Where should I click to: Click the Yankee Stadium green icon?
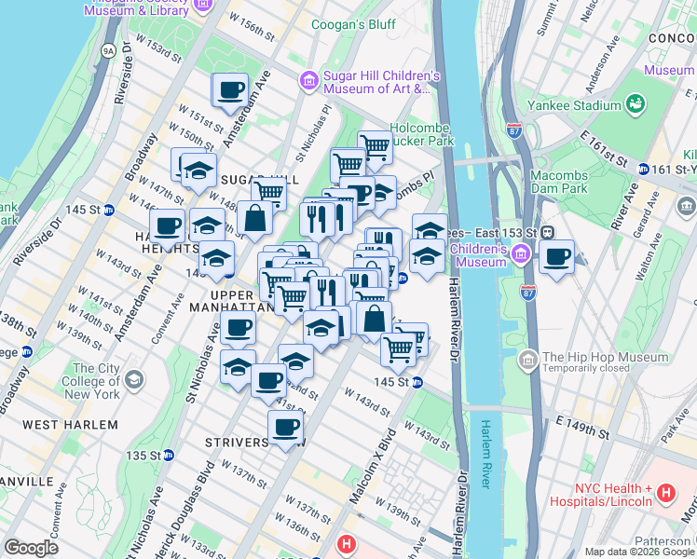click(x=636, y=103)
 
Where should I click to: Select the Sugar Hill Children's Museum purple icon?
click(x=307, y=82)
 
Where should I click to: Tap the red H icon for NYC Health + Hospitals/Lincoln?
click(x=665, y=491)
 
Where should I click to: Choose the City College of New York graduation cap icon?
click(x=135, y=379)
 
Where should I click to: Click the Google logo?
click(x=32, y=547)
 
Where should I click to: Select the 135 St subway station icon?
click(x=169, y=456)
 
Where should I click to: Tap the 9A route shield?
click(x=109, y=50)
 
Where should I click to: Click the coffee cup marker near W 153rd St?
click(x=230, y=91)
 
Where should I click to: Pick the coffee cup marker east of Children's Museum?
click(x=556, y=258)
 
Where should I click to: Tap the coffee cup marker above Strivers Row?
click(x=285, y=428)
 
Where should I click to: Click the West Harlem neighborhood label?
click(x=70, y=425)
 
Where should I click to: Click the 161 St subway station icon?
click(x=642, y=169)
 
